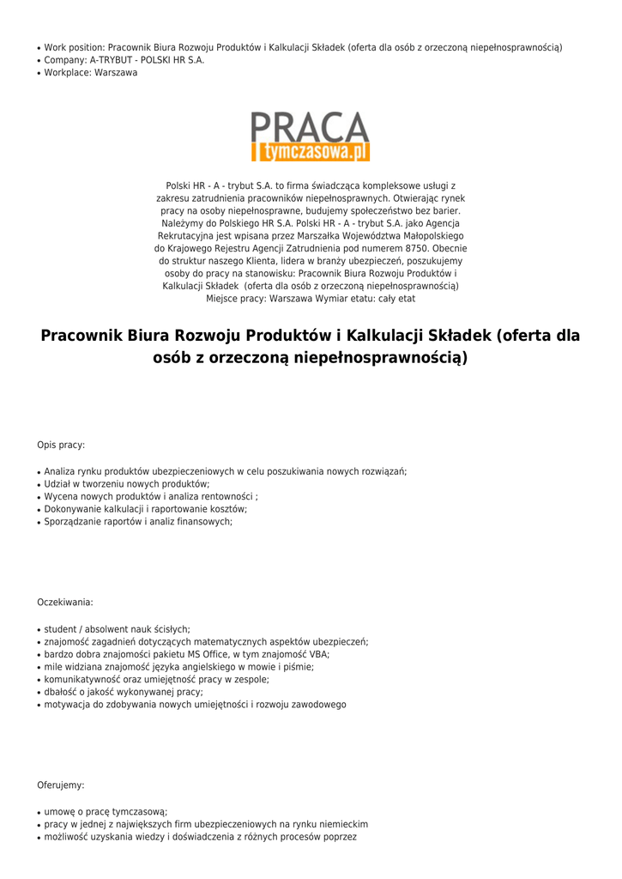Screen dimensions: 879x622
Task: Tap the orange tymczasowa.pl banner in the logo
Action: pyautogui.click(x=311, y=152)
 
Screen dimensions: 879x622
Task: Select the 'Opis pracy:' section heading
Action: pyautogui.click(x=61, y=445)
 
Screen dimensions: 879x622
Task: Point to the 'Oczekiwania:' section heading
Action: pyautogui.click(x=65, y=603)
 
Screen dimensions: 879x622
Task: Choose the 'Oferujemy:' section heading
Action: pyautogui.click(x=61, y=785)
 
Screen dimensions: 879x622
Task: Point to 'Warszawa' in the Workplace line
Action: pyautogui.click(x=116, y=73)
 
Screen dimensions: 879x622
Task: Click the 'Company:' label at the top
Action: pyautogui.click(x=65, y=60)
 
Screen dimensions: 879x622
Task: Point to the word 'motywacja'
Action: pyautogui.click(x=66, y=705)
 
